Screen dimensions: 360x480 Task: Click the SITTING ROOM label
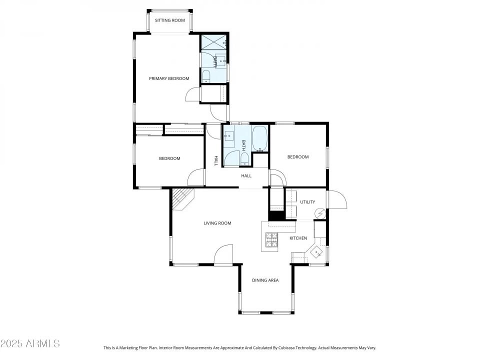coord(170,20)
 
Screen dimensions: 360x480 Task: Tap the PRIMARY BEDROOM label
coord(169,78)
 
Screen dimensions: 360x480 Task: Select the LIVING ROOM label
coord(217,223)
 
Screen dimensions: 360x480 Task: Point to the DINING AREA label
coord(265,280)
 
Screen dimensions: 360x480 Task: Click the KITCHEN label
coord(298,238)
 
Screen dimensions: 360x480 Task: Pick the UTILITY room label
coord(307,202)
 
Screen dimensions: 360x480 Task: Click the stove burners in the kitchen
coord(271,239)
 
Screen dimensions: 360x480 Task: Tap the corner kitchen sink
coord(316,252)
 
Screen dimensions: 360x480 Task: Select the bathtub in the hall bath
coord(260,138)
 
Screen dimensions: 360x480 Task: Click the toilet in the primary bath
coord(206,76)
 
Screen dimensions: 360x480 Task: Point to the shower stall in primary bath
coord(213,42)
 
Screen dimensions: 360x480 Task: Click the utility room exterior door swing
coord(337,200)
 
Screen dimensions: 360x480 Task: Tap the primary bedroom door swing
coord(193,95)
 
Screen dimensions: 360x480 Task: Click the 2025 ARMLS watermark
coord(30,343)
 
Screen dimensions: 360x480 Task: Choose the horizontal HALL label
coord(246,176)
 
